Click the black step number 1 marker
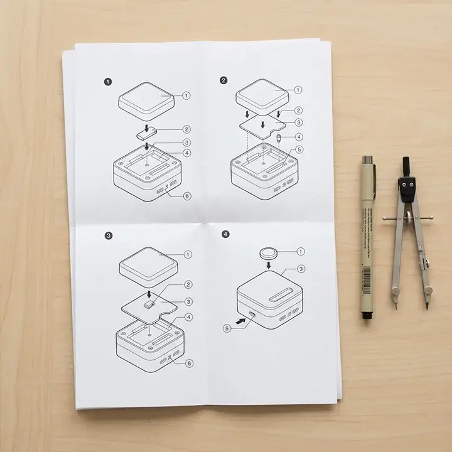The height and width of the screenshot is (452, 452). click(x=108, y=81)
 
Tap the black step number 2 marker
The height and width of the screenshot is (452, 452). click(x=223, y=80)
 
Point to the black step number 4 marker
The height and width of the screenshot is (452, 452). click(x=225, y=234)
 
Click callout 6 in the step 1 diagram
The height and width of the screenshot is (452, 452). click(x=187, y=196)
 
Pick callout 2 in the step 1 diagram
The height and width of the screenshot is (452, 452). click(x=186, y=129)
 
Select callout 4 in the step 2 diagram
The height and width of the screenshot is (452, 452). click(x=299, y=136)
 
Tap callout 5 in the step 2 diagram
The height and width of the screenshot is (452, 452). click(x=299, y=150)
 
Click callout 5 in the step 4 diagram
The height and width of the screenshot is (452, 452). click(x=227, y=328)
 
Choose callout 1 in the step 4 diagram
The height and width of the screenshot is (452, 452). click(x=300, y=252)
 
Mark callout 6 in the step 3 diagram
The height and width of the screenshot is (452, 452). click(x=188, y=363)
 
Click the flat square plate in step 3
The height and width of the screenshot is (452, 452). click(x=149, y=305)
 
